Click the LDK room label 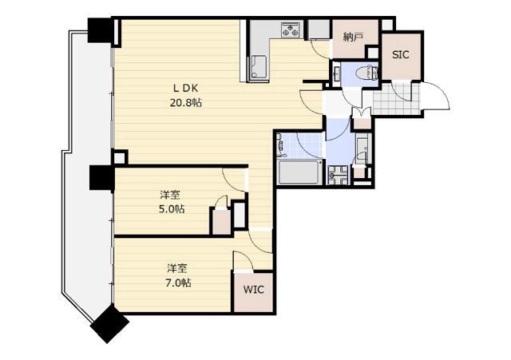point(185,88)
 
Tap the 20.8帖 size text point(186,103)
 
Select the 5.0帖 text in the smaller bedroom point(172,209)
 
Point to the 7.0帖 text point(178,283)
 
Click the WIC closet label point(254,290)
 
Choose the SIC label point(401,55)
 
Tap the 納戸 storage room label point(353,38)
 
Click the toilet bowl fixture point(366,73)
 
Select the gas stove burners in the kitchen point(290,30)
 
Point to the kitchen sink point(259,67)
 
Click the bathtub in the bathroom point(299,172)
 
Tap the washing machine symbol point(338,175)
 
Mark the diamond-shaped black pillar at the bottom point(109,323)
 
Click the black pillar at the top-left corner point(101,30)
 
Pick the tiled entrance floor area point(397,99)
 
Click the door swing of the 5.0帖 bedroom point(234,180)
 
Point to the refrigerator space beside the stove point(319,29)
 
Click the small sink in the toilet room point(337,73)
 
